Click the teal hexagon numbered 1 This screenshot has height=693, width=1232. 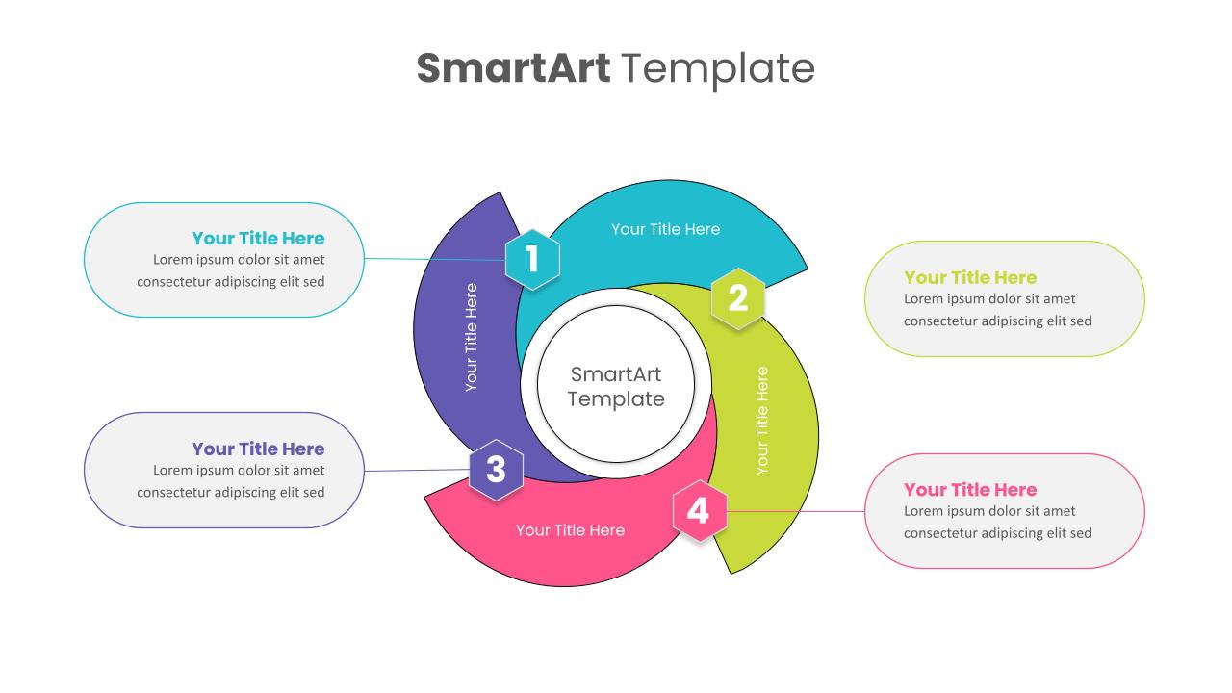pyautogui.click(x=532, y=259)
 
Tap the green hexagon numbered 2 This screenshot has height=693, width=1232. pyautogui.click(x=737, y=298)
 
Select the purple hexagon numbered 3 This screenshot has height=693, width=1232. pyautogui.click(x=496, y=470)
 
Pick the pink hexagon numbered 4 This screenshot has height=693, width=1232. pyautogui.click(x=699, y=511)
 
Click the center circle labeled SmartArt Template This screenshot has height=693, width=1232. pyautogui.click(x=616, y=386)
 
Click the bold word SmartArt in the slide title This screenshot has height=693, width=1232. pyautogui.click(x=513, y=68)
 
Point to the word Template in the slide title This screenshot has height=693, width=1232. pyautogui.click(x=718, y=68)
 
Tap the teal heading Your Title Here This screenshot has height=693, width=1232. pyautogui.click(x=258, y=238)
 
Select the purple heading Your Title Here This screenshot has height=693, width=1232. pyautogui.click(x=258, y=449)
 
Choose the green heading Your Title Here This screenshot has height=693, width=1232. pyautogui.click(x=970, y=277)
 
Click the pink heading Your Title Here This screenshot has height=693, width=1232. pyautogui.click(x=970, y=489)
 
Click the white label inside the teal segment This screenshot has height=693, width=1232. pyautogui.click(x=665, y=229)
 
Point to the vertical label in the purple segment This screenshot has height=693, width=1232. pyautogui.click(x=471, y=336)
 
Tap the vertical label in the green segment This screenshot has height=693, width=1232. pyautogui.click(x=762, y=420)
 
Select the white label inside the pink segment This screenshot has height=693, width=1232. pyautogui.click(x=570, y=530)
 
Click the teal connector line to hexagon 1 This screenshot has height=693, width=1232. pyautogui.click(x=433, y=259)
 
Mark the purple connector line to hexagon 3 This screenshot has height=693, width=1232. pyautogui.click(x=416, y=471)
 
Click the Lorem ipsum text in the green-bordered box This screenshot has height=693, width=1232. pyautogui.click(x=997, y=310)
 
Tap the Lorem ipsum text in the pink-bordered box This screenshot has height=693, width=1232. pyautogui.click(x=997, y=522)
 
